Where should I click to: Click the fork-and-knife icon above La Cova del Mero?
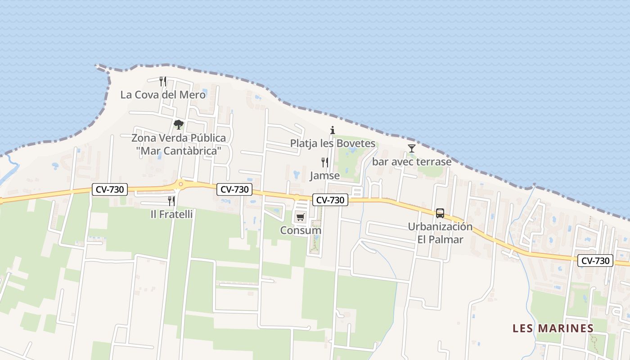163,81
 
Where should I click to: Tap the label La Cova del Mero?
163,95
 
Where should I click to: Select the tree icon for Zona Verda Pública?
179,124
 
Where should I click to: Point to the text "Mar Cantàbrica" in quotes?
179,151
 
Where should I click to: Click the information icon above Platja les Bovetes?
333,130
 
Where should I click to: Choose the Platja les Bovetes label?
333,144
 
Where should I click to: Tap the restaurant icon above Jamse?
324,162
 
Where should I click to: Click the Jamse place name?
324,175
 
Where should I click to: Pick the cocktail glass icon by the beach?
411,148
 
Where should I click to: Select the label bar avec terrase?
411,162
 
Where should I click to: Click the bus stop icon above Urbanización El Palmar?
440,213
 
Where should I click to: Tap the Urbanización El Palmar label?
440,233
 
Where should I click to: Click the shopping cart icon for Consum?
300,217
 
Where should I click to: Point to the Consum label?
301,230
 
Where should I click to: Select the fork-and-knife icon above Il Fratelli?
171,201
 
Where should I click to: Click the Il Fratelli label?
171,214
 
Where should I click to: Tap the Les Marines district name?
553,328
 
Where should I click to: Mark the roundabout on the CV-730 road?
180,184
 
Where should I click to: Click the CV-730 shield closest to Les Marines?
595,261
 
